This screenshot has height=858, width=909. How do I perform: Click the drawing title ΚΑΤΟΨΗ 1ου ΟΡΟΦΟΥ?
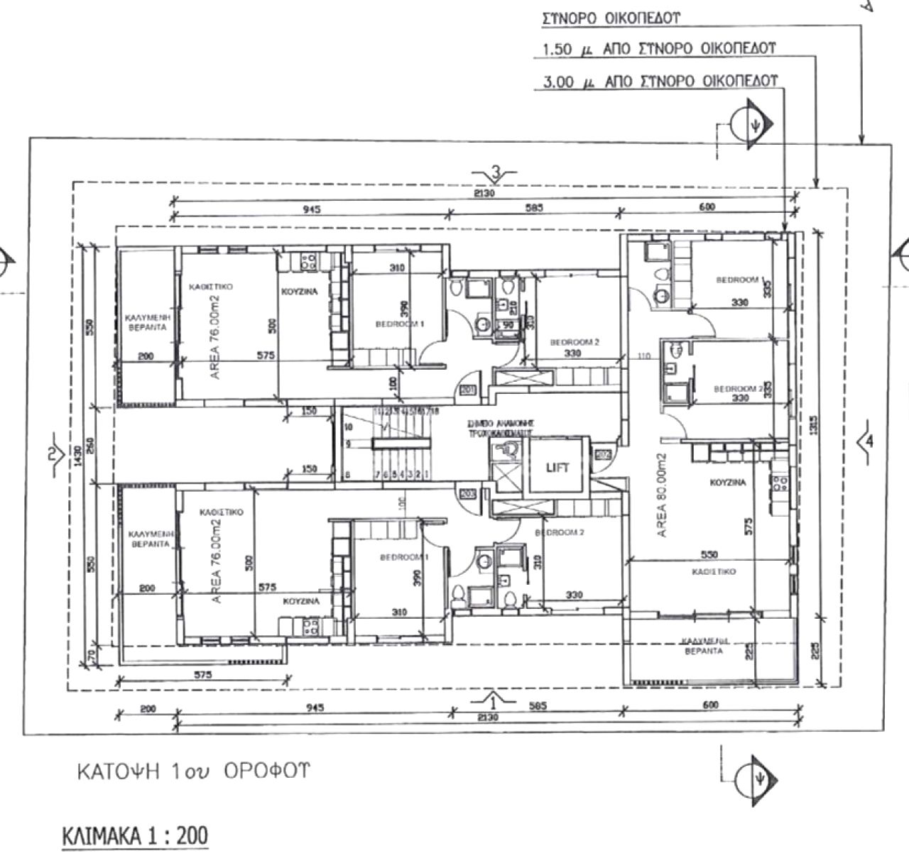[193, 771]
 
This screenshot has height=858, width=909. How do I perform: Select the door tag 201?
[467, 390]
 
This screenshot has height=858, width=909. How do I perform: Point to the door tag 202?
[604, 455]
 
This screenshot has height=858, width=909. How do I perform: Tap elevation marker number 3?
[496, 171]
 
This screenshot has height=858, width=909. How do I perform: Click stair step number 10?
[348, 427]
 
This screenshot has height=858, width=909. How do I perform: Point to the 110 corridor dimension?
[644, 356]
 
